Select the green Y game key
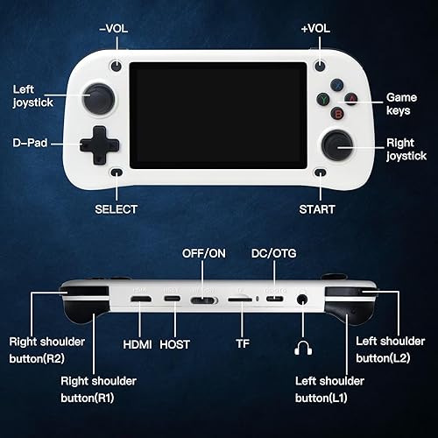(x=324, y=99)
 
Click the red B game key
(x=337, y=111)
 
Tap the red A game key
(x=350, y=99)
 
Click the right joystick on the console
(x=338, y=144)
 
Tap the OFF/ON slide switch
(x=204, y=300)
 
